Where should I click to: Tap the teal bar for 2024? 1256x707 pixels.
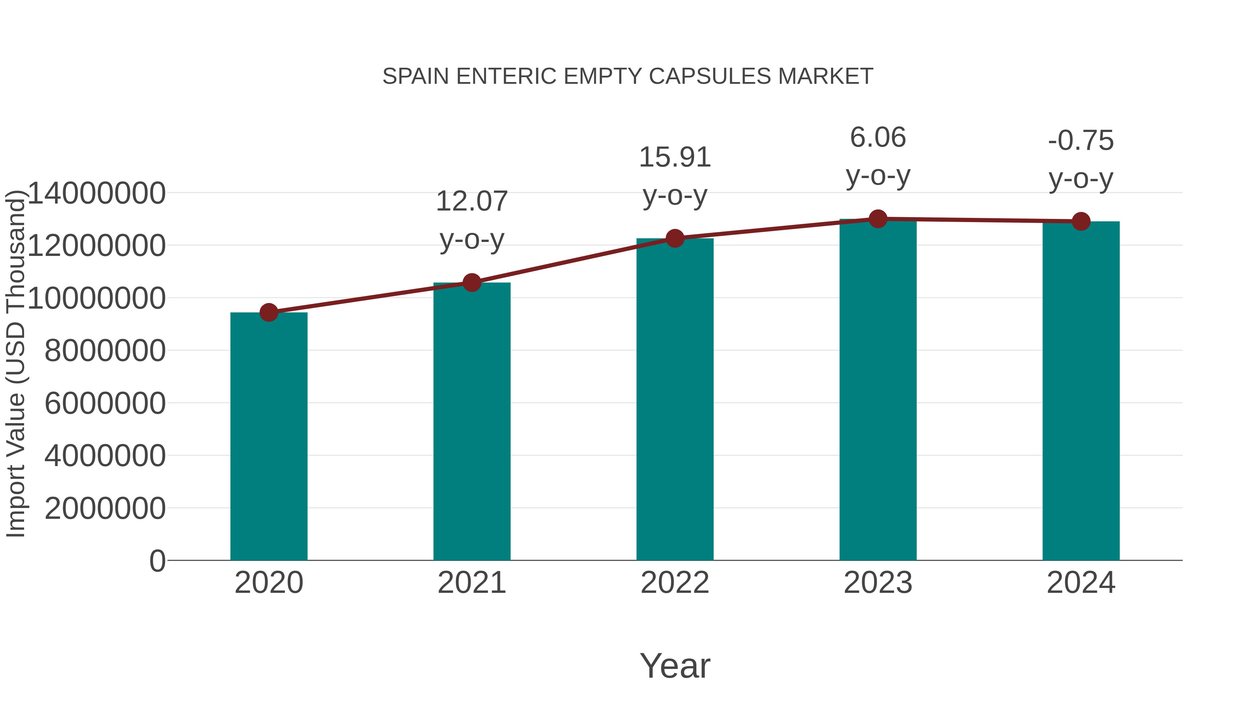1081,390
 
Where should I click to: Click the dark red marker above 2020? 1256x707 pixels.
269,312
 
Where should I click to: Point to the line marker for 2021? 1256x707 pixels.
471,282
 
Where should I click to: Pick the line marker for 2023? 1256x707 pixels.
878,219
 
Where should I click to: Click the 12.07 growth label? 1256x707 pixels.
471,201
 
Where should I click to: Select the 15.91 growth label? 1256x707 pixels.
675,157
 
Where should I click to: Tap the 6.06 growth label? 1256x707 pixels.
878,137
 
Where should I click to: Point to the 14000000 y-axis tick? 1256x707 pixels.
97,193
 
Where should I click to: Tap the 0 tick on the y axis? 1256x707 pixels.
157,561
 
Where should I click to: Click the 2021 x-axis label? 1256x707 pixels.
471,583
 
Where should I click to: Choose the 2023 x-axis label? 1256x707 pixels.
878,583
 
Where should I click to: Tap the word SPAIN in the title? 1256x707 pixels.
416,76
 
